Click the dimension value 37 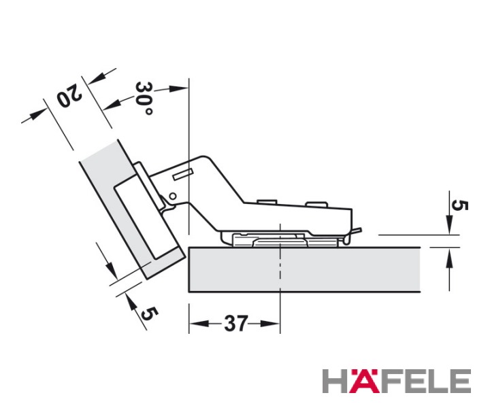pos(235,324)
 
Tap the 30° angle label pos(144,99)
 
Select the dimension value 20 pos(69,96)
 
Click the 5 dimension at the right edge pos(459,206)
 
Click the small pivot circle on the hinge pos(172,197)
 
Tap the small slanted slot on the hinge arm pos(182,174)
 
